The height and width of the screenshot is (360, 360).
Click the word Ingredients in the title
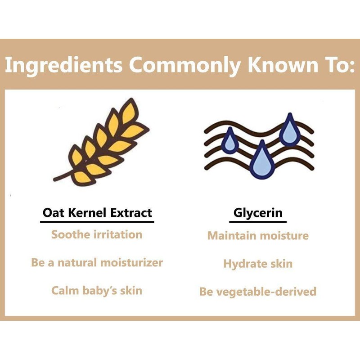[x=63, y=65]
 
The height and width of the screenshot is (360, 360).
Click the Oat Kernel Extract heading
[x=97, y=212]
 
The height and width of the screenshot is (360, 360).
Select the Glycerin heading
[x=258, y=212]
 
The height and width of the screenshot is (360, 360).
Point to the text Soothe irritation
[x=97, y=234]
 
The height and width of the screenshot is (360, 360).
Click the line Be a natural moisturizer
[x=97, y=262]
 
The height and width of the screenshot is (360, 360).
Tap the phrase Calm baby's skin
[x=97, y=290]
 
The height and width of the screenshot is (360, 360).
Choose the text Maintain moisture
[x=258, y=235]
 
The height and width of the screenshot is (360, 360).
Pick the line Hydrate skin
[x=258, y=263]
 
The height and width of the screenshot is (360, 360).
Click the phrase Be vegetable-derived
[x=258, y=292]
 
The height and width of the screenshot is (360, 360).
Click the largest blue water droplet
[x=261, y=161]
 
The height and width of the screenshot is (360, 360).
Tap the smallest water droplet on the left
[x=230, y=141]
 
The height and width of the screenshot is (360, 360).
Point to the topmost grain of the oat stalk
[x=131, y=108]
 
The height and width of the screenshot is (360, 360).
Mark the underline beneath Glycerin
[x=258, y=221]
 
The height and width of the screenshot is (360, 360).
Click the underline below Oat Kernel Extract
[x=97, y=221]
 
